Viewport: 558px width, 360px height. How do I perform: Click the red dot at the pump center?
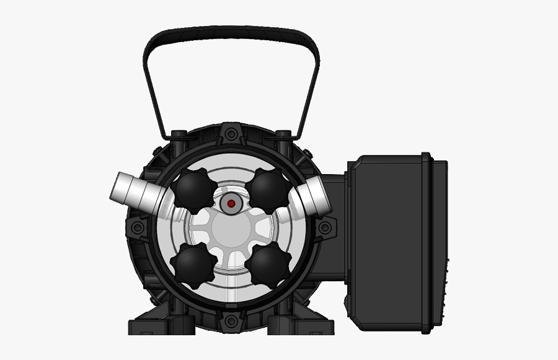(231, 203)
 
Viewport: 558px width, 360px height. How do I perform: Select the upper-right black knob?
(269, 190)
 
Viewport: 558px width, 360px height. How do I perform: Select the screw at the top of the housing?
(231, 133)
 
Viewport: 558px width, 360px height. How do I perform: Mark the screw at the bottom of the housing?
(231, 321)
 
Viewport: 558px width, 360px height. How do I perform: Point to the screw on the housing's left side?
(138, 227)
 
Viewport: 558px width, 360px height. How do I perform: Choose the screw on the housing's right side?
(324, 227)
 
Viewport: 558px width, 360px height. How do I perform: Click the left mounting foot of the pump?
(155, 325)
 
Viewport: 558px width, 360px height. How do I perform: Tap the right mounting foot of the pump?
(304, 325)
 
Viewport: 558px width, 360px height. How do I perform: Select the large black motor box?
(391, 242)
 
